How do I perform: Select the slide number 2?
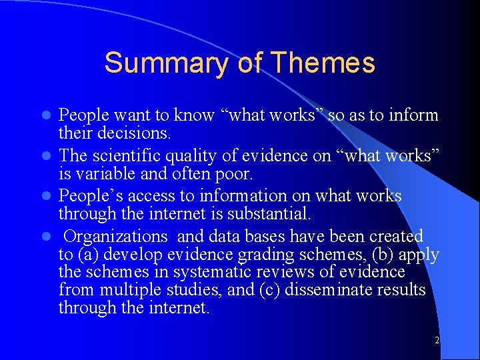tap(436, 341)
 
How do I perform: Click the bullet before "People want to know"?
tap(46, 116)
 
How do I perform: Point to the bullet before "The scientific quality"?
tap(46, 156)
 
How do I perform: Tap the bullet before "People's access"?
tap(46, 197)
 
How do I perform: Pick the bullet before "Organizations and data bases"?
tap(46, 237)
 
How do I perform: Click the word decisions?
tap(133, 133)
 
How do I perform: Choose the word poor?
tap(233, 174)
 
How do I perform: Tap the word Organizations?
tap(116, 236)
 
